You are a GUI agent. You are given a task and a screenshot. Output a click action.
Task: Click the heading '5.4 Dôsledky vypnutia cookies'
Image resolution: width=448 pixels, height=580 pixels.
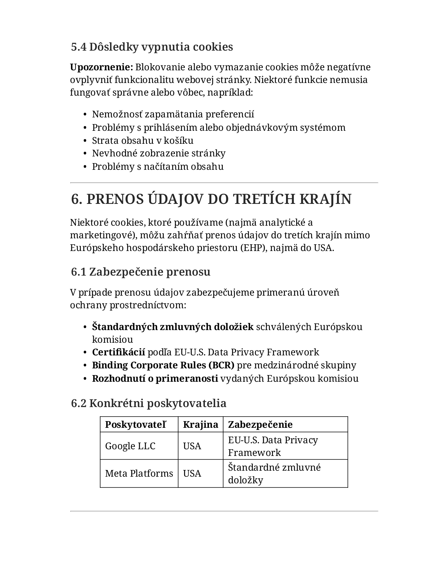[x=152, y=47]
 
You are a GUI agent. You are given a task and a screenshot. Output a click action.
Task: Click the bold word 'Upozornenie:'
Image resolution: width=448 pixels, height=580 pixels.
[x=101, y=67]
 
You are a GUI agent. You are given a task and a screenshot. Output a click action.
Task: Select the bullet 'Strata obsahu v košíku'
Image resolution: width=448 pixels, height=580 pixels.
[x=142, y=140]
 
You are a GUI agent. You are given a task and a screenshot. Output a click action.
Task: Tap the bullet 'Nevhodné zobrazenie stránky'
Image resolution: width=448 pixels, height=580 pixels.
[x=158, y=153]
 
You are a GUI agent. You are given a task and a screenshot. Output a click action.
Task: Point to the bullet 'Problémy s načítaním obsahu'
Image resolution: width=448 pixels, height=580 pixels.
[x=157, y=166]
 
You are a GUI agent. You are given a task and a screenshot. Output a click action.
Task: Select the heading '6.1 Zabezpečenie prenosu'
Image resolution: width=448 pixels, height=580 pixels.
[x=141, y=272]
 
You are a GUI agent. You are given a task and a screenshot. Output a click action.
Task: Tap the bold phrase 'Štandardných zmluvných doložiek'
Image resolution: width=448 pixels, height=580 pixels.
[x=173, y=327]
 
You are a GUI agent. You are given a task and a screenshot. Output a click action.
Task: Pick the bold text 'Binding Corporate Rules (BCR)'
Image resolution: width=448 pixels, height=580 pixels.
[x=163, y=365]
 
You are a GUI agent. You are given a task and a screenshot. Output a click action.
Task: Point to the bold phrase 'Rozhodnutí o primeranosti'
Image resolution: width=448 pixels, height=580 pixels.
[x=155, y=379]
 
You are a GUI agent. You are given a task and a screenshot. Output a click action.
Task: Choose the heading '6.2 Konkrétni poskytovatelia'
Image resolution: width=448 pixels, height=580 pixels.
[x=149, y=403]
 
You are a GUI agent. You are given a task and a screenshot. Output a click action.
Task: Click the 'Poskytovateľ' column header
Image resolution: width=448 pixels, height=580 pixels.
[x=135, y=425]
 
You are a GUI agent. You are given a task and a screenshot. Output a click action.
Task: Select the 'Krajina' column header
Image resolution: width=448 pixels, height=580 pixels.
[x=200, y=425]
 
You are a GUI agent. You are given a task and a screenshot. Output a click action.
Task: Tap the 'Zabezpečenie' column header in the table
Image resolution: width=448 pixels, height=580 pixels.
[x=260, y=425]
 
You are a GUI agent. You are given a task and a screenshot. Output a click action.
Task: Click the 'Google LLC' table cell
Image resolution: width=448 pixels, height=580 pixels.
[x=130, y=446]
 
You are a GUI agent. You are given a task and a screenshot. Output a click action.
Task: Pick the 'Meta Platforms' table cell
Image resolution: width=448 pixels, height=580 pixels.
[x=139, y=473]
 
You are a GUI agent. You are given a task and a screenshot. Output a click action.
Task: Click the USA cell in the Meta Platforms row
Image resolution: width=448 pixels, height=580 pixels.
[x=192, y=473]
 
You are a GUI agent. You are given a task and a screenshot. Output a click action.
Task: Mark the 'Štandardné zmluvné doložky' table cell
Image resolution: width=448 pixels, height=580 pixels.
[x=274, y=473]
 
